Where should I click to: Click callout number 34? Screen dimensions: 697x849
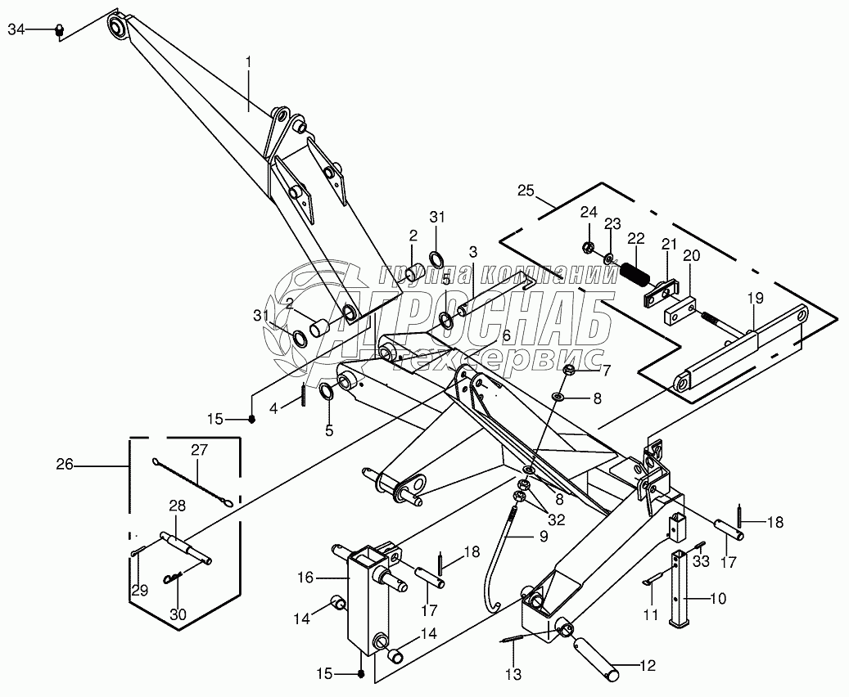(16, 29)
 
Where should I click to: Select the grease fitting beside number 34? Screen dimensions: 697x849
(59, 30)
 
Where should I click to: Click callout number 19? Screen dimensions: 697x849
(754, 299)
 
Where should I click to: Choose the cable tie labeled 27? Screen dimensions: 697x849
(193, 484)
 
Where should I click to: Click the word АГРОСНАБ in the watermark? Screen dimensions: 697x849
(491, 322)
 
